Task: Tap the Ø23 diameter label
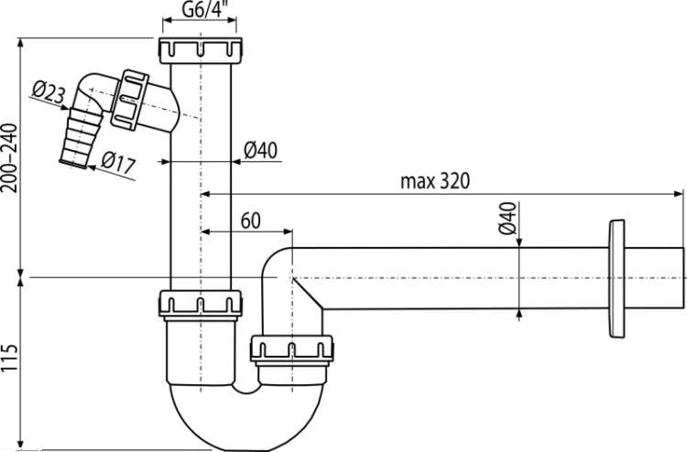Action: point(49,91)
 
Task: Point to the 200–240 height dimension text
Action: point(10,158)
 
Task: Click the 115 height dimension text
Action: point(10,358)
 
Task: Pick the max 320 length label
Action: point(435,181)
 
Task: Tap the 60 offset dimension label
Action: point(251,221)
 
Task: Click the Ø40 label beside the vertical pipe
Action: point(261,151)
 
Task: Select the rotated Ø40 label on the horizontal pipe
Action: point(507,219)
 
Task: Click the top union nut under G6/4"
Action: point(201,50)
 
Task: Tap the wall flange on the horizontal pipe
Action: point(616,279)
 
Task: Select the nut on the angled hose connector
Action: point(129,101)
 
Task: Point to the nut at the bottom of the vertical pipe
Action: point(201,304)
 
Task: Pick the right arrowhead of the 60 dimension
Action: point(288,231)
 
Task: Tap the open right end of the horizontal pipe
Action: point(683,278)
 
